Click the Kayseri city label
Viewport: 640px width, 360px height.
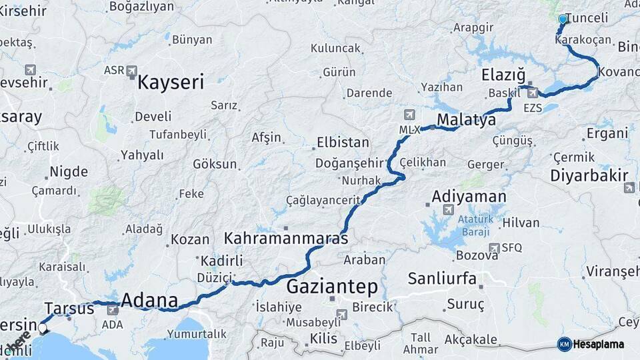point(171,83)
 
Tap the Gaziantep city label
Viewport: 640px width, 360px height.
point(332,287)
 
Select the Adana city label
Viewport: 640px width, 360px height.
point(149,301)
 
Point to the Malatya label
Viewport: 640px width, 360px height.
point(467,120)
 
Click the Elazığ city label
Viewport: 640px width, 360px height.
point(503,75)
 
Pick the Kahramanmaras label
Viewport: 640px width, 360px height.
point(286,238)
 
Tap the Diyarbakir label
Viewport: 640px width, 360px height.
point(589,176)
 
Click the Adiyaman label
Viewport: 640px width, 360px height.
point(469,197)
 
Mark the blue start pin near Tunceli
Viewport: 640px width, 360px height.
point(563,20)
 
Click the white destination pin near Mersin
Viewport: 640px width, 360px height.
point(43,327)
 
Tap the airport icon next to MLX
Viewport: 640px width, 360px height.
point(409,114)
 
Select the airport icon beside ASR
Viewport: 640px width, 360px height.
point(132,71)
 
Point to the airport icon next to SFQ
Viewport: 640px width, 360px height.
point(494,248)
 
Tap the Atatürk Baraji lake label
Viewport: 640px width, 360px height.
point(475,225)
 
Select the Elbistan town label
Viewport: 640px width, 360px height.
point(343,143)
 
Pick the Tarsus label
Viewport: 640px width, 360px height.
point(69,308)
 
